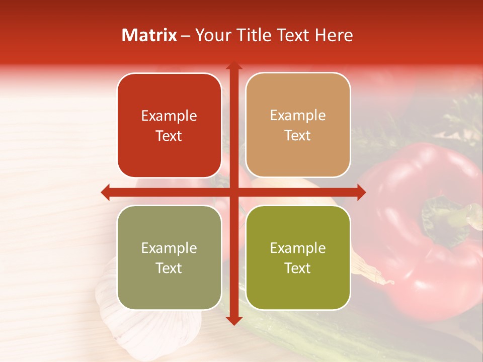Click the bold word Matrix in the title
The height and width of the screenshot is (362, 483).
(x=149, y=35)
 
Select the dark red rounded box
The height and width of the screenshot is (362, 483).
(x=169, y=126)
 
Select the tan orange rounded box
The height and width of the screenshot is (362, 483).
(x=298, y=126)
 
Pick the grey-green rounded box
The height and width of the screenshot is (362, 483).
(x=169, y=258)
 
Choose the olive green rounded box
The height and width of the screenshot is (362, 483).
(x=298, y=258)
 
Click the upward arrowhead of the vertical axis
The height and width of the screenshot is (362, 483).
(x=233, y=66)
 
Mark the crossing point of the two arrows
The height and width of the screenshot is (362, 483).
(x=233, y=192)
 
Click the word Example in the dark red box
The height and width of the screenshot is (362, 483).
(x=169, y=116)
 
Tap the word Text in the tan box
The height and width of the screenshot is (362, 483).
(x=298, y=136)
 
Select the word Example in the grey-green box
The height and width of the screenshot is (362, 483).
(x=169, y=248)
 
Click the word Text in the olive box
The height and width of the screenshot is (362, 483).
(x=298, y=268)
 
